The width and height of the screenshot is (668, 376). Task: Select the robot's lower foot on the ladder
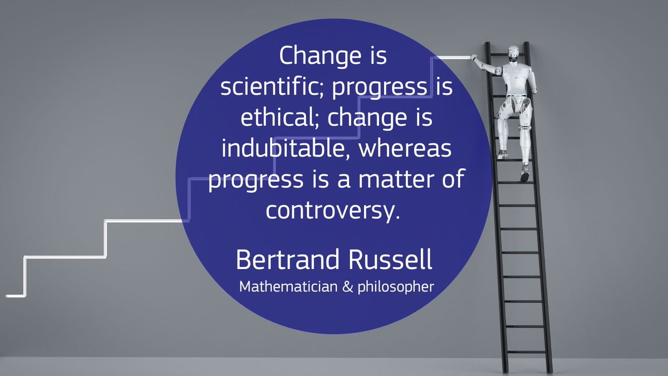[524, 174]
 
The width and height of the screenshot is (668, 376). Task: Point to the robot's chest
[515, 75]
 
